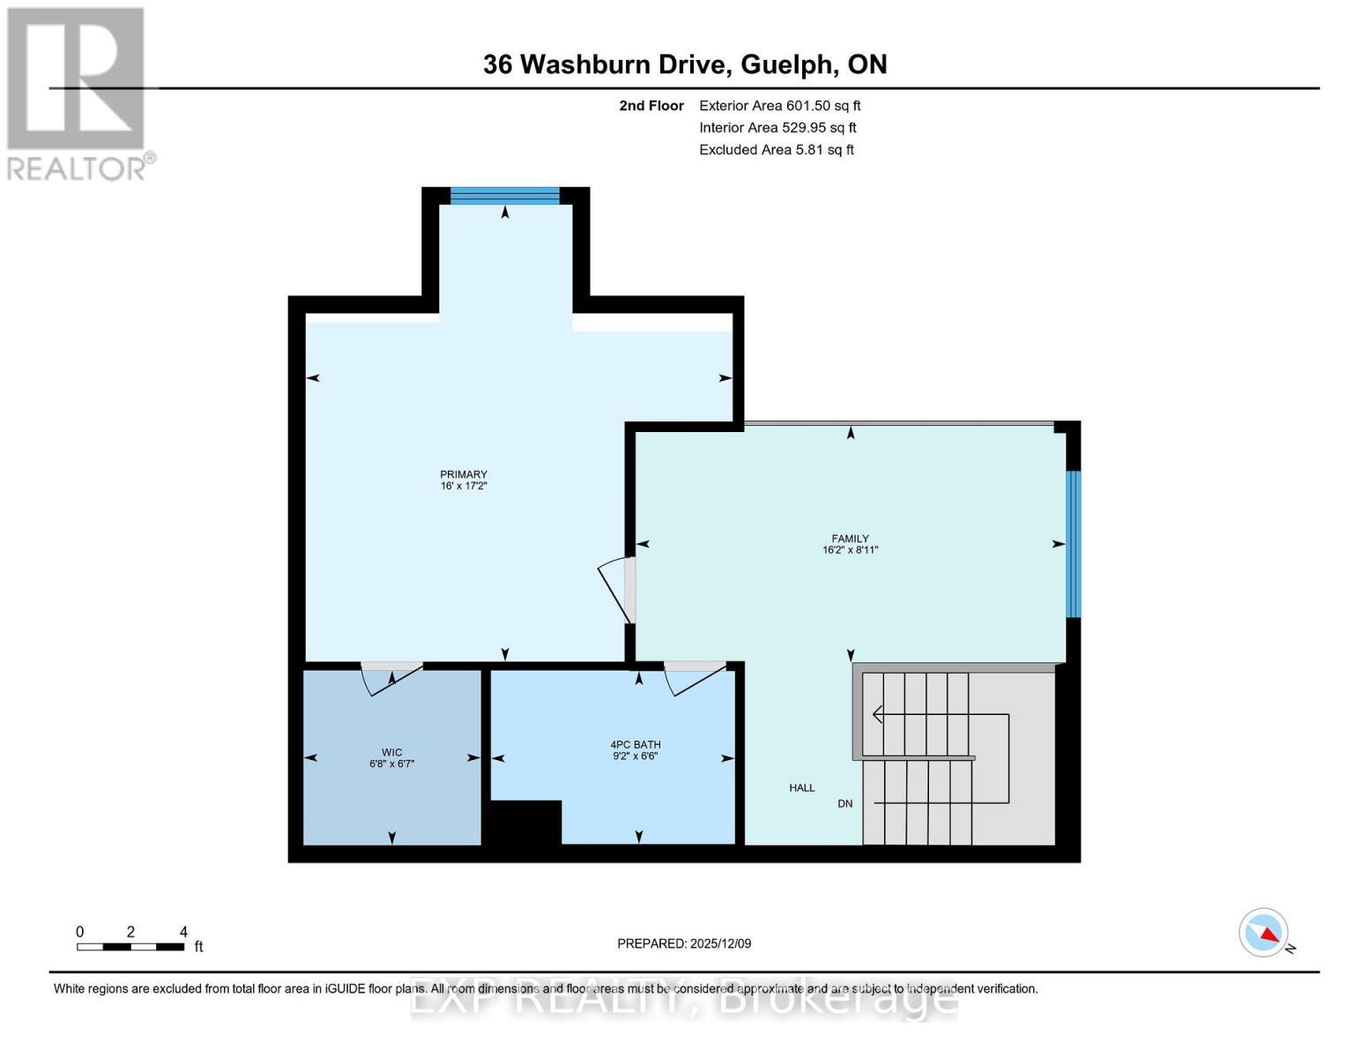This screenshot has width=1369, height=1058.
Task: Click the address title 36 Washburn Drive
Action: (684, 64)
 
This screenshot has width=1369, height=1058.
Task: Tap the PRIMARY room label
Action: (464, 480)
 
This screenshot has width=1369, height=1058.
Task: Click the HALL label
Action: (801, 787)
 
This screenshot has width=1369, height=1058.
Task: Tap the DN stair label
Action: (844, 803)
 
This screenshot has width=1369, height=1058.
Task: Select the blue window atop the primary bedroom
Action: (504, 196)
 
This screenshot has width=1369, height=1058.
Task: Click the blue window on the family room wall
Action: (1073, 544)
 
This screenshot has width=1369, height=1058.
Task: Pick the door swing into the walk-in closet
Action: (392, 676)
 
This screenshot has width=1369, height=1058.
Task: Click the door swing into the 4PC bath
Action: (695, 676)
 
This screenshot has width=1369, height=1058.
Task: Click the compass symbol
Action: (1265, 933)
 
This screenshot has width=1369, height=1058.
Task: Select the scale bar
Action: (130, 946)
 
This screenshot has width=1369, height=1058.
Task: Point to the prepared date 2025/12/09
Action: (684, 943)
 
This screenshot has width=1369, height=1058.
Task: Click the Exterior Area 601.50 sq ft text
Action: (779, 106)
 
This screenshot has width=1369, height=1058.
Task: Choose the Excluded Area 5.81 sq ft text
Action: (776, 150)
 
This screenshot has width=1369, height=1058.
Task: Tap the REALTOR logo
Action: (78, 93)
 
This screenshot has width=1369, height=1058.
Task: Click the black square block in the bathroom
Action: (525, 822)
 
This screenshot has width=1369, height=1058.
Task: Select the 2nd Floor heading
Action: (651, 106)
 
